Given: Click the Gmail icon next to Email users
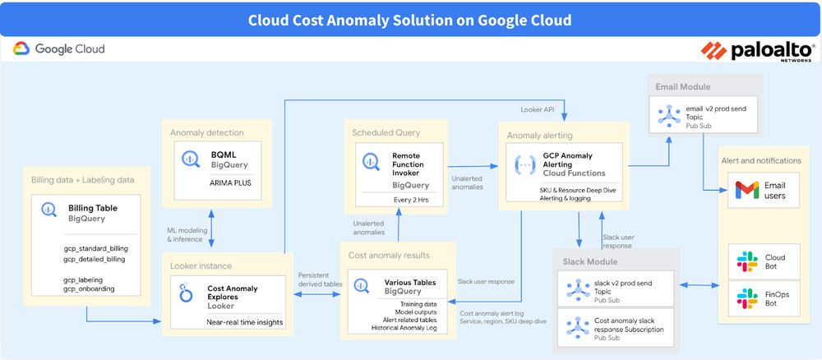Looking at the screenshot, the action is click(x=745, y=191).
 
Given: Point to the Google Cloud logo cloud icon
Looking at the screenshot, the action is click(x=21, y=49).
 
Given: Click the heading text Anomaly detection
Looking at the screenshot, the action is click(x=206, y=132).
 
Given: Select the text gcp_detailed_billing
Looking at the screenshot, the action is click(x=95, y=259).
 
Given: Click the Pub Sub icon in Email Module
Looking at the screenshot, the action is click(x=668, y=117).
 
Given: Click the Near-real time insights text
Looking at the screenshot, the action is click(x=245, y=322).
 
